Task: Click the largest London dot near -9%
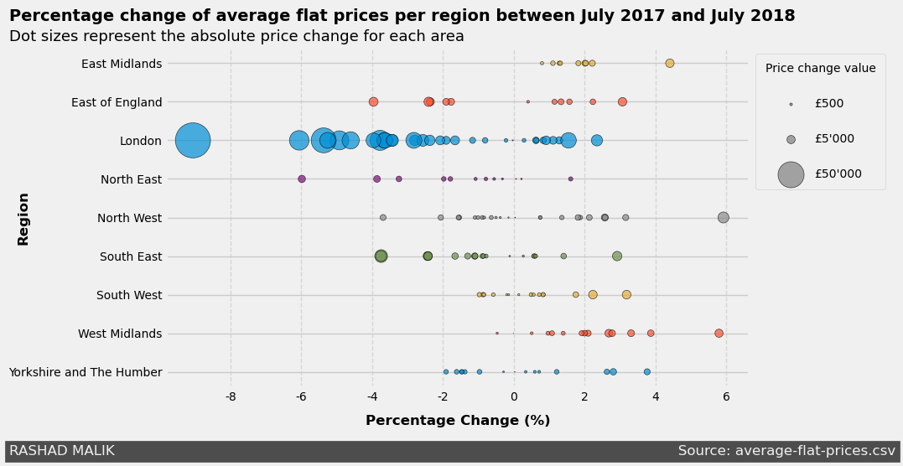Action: pos(193,140)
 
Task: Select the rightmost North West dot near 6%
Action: pos(723,217)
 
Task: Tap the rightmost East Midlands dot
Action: pos(669,63)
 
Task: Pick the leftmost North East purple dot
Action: pos(302,179)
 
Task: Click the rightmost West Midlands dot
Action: pos(719,333)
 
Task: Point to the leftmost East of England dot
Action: pos(373,101)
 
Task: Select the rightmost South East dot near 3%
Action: pos(617,256)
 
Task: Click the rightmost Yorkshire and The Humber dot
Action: pos(646,371)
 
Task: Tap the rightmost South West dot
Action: pos(626,294)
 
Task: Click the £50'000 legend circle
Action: pos(791,173)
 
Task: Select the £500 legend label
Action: pos(828,104)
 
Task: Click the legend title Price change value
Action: pos(820,69)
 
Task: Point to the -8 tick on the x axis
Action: pos(231,396)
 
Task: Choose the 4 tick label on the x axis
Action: pos(656,396)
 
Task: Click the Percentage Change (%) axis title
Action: pos(458,421)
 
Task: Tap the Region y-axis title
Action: pos(23,219)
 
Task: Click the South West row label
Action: pos(129,295)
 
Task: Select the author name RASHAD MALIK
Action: pos(62,451)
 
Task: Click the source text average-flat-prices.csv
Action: pos(786,451)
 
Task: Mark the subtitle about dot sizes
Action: pos(236,36)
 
